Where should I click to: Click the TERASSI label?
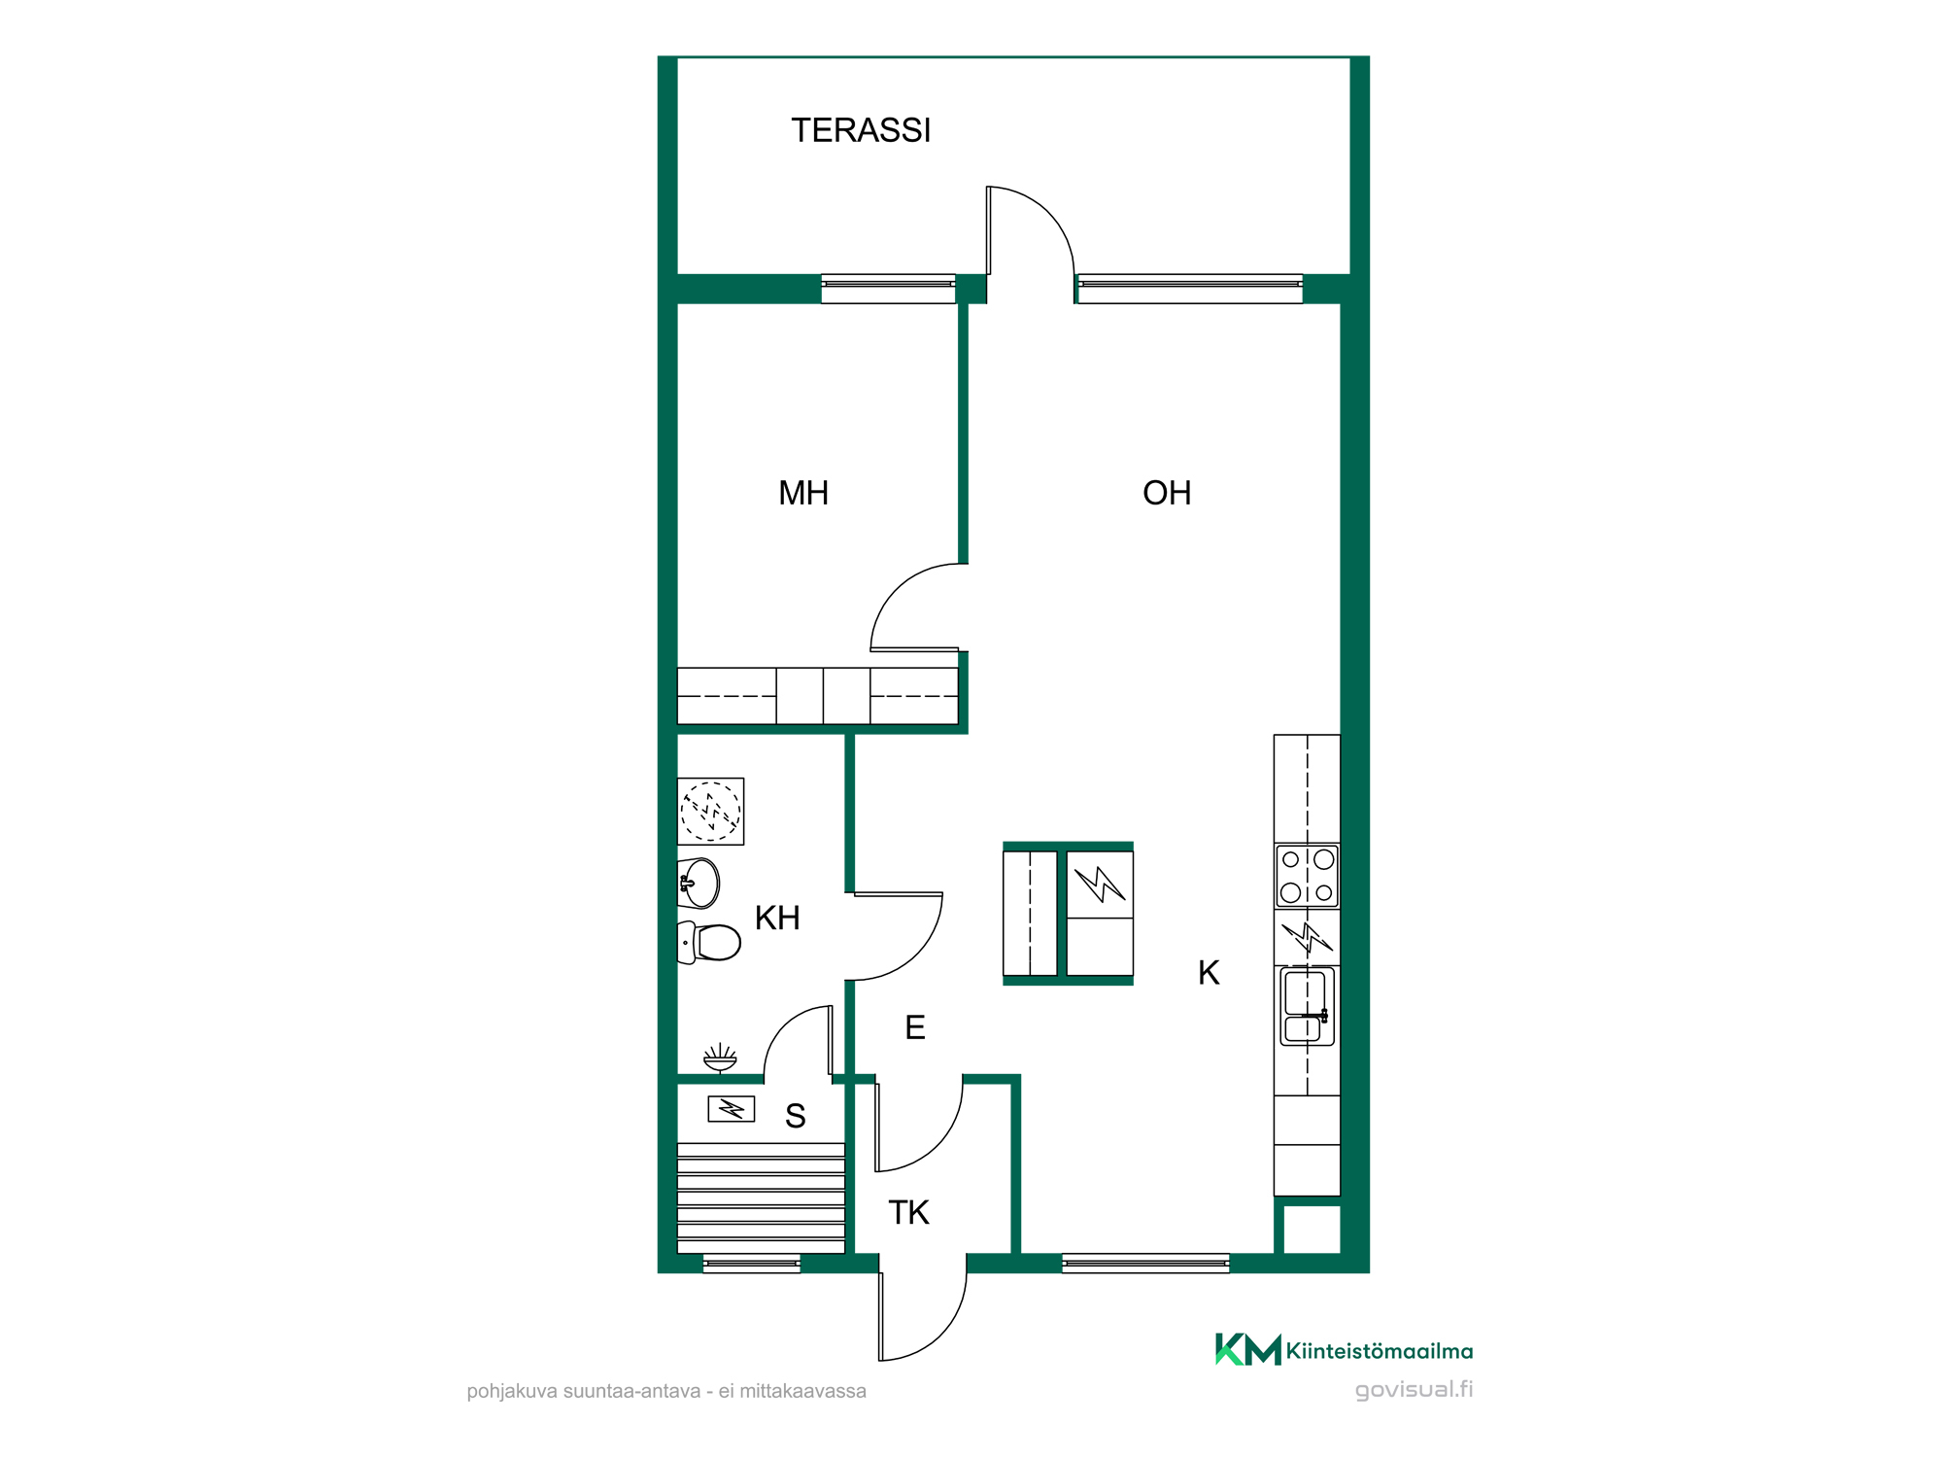[861, 130]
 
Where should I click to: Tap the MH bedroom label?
[803, 493]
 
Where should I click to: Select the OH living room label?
[1167, 493]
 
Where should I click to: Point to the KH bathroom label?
[777, 918]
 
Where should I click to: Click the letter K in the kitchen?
[1209, 972]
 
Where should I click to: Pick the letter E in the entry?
[915, 1027]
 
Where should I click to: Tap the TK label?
[908, 1212]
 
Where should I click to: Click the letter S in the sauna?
[796, 1116]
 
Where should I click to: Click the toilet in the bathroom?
[709, 943]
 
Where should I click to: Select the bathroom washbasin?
[699, 883]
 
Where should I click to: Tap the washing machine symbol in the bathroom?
[711, 812]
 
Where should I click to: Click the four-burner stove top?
[1308, 876]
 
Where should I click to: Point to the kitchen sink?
[1308, 1006]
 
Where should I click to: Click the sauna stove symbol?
[732, 1109]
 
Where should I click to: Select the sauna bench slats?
[762, 1198]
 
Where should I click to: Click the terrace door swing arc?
[1048, 211]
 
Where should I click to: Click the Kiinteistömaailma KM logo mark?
[1248, 1349]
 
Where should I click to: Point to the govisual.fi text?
[1415, 1390]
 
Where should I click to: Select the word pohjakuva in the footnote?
[512, 1391]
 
